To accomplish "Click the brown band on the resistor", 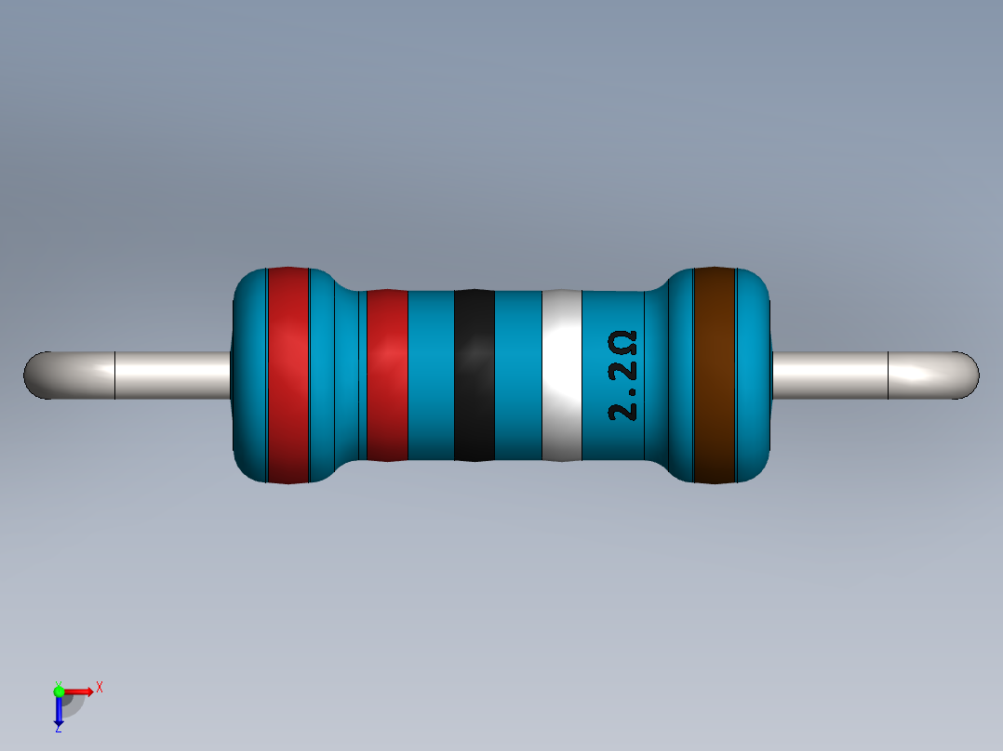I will tap(715, 375).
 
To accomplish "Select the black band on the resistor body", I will tap(474, 375).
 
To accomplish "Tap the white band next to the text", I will tap(561, 375).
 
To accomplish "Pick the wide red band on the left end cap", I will tap(288, 375).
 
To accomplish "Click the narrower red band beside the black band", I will tap(387, 375).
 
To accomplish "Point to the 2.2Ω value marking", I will tap(623, 375).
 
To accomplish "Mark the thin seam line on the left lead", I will tap(114, 375).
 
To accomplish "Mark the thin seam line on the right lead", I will tap(889, 375).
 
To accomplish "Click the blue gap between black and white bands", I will tap(517, 375).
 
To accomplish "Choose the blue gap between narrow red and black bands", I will tap(431, 375).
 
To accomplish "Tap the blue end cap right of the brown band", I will tap(755, 375).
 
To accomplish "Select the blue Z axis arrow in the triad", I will tap(59, 712).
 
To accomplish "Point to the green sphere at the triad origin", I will tap(59, 691).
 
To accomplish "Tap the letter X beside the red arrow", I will tap(100, 688).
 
